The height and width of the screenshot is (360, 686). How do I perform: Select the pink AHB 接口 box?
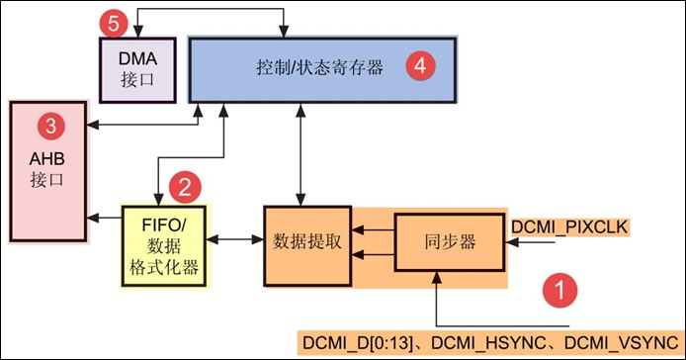point(46,168)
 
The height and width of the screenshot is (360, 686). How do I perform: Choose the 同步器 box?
point(449,242)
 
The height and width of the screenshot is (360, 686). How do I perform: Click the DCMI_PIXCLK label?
point(567,227)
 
